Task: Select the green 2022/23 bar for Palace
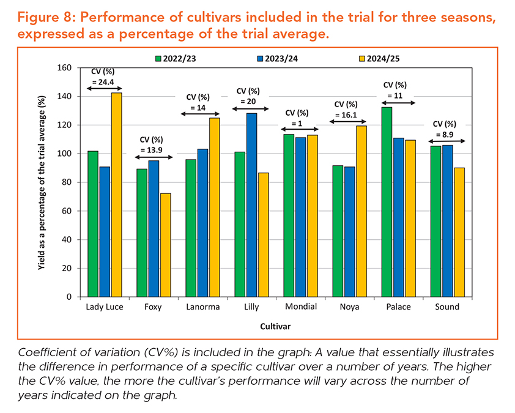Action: coord(387,202)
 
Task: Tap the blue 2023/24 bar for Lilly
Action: coord(252,205)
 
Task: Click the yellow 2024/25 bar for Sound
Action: coord(459,232)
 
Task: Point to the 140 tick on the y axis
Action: coord(65,97)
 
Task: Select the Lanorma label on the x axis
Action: coord(202,307)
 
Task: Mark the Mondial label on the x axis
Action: coord(301,307)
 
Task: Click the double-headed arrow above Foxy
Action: coord(153,158)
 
